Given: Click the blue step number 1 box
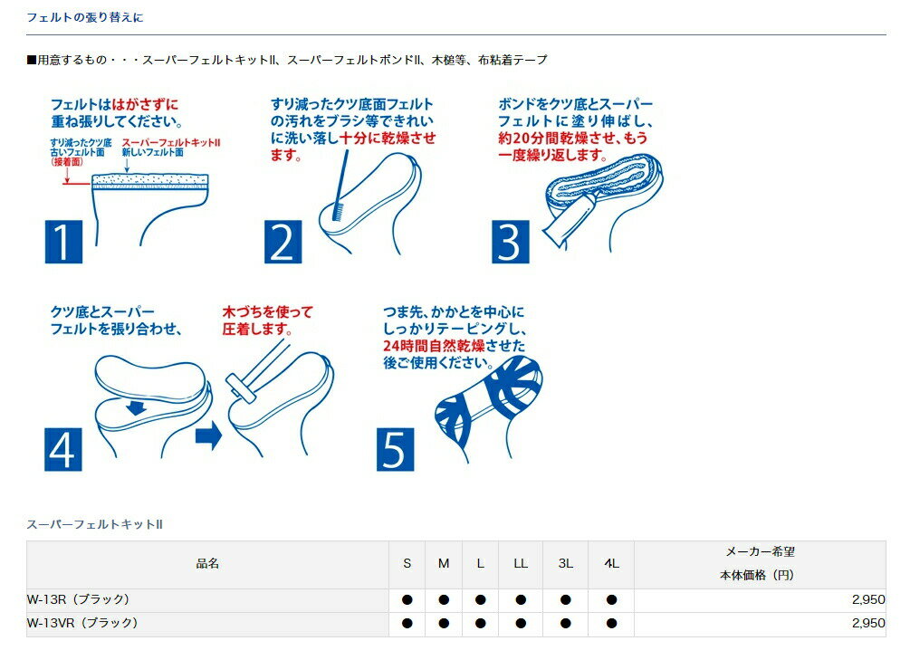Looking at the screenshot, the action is pyautogui.click(x=64, y=242).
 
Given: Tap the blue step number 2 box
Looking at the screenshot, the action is pyautogui.click(x=283, y=242).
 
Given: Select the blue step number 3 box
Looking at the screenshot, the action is pyautogui.click(x=511, y=242).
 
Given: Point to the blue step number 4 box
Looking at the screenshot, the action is pyautogui.click(x=63, y=449).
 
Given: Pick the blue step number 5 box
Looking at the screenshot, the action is pyautogui.click(x=395, y=449).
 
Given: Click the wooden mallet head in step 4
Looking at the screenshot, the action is pyautogui.click(x=241, y=388).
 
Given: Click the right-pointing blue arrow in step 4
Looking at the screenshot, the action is pyautogui.click(x=209, y=436).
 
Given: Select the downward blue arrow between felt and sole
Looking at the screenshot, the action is pyautogui.click(x=136, y=407).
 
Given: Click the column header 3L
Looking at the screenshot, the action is pyautogui.click(x=566, y=564).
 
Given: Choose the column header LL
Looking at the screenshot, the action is pyautogui.click(x=521, y=564).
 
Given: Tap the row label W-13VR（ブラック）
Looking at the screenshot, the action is pyautogui.click(x=82, y=624).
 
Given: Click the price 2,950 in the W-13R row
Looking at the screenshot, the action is pyautogui.click(x=868, y=599).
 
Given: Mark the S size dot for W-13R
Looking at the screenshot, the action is pyautogui.click(x=407, y=599).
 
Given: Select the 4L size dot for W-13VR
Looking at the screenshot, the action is pyautogui.click(x=611, y=624).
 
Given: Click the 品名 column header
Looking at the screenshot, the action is pyautogui.click(x=207, y=564).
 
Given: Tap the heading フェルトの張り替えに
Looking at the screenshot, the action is pyautogui.click(x=85, y=17).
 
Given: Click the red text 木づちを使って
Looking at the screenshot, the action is pyautogui.click(x=267, y=312).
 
